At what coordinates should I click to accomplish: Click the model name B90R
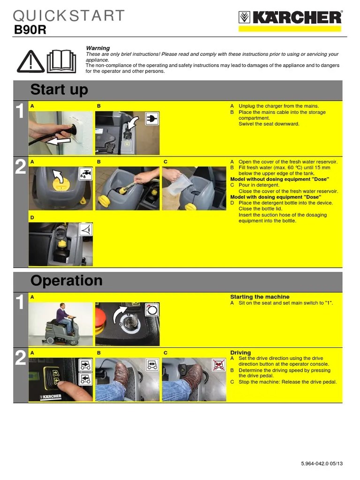point(30,30)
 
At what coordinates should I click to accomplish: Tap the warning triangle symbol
point(30,61)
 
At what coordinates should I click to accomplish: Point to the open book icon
point(61,61)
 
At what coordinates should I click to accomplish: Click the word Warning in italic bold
point(97,48)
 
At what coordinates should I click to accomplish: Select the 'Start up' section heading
point(59,90)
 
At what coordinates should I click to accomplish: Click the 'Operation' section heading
point(67,280)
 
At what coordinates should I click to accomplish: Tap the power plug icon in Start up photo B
point(151,119)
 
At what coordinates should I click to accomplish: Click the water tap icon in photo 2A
point(85,173)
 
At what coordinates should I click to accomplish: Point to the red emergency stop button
point(101,322)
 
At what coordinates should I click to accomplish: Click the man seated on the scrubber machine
point(65,318)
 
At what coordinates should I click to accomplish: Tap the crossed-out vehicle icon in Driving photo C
point(219,365)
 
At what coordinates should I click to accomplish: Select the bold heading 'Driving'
point(240,352)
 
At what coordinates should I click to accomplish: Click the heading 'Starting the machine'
point(260,297)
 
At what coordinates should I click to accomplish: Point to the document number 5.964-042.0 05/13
point(322,464)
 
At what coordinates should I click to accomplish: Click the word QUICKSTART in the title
point(69,15)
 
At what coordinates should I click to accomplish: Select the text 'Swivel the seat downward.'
point(269,124)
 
